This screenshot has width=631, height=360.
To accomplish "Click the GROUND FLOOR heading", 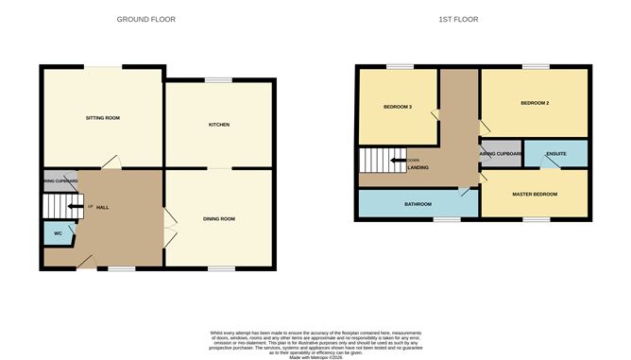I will tap(145, 19).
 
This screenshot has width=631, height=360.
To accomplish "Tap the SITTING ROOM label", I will tap(102, 118).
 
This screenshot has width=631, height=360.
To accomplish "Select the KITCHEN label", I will tap(219, 125).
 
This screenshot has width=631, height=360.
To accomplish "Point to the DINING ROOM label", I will tap(219, 219).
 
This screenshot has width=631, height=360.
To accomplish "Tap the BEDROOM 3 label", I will tap(398, 107).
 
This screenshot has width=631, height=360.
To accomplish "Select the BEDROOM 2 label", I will tap(535, 102).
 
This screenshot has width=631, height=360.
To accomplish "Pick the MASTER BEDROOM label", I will tap(535, 195).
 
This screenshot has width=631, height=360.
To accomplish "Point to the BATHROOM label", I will tap(418, 204).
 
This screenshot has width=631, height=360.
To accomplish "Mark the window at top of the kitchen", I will tap(220, 79).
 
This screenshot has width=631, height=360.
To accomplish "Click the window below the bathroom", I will tap(447, 219).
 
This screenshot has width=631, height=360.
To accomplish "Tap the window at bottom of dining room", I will tap(221, 268).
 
